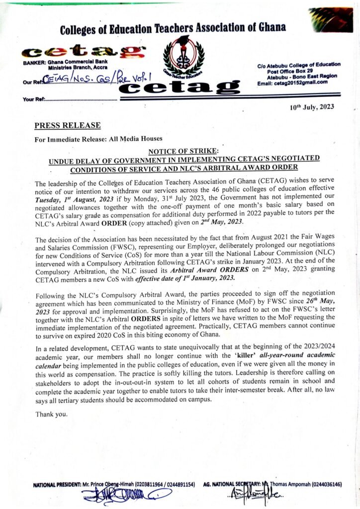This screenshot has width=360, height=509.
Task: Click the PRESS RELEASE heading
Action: pyautogui.click(x=68, y=125)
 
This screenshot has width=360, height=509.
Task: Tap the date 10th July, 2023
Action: pyautogui.click(x=312, y=107)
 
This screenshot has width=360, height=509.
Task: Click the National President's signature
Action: pyautogui.click(x=125, y=495)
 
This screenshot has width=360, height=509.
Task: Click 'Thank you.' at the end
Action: pyautogui.click(x=52, y=414)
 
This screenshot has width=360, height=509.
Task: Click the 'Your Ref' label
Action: pyautogui.click(x=33, y=99)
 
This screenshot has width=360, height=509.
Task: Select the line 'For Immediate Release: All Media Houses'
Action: pyautogui.click(x=98, y=139)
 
